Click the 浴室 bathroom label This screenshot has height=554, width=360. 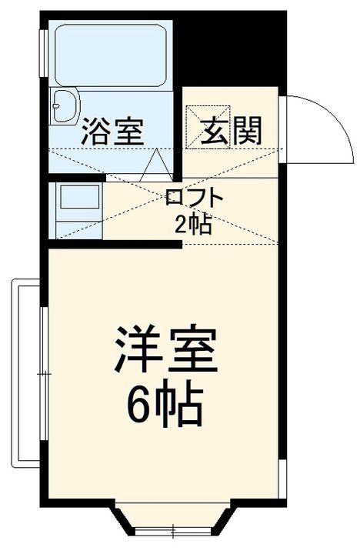click(112, 132)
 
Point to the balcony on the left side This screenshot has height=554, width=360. click(22, 373)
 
